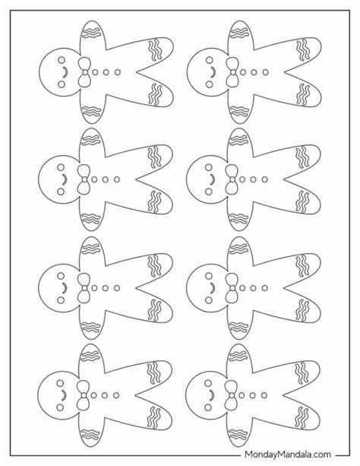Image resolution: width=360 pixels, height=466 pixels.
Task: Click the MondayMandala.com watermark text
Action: [x=288, y=455]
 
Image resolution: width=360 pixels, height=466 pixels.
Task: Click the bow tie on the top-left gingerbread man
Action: [x=85, y=72]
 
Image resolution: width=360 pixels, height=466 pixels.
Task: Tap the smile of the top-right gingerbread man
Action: [x=213, y=72]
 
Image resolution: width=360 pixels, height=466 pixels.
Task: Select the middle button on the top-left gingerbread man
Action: [x=106, y=72]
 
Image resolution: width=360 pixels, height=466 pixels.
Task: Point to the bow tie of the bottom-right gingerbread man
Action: [x=232, y=395]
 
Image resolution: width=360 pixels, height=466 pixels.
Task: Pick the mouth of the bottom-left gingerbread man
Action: [x=64, y=395]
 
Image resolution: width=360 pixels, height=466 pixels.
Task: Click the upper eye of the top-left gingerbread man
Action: [x=62, y=60]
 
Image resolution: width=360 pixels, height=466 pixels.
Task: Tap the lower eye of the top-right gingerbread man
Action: [x=210, y=84]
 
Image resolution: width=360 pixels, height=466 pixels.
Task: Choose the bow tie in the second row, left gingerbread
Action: [x=84, y=179]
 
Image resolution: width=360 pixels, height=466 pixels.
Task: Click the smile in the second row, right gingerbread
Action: [x=213, y=179]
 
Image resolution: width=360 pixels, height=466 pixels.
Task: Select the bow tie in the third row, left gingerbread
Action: [x=84, y=288]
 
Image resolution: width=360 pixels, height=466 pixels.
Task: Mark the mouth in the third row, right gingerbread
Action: [x=213, y=288]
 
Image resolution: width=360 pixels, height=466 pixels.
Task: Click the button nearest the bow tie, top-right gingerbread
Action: [x=243, y=72]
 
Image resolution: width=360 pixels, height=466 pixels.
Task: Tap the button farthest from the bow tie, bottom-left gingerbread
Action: [x=116, y=395]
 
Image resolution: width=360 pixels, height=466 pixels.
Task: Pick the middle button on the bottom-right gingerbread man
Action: [x=252, y=395]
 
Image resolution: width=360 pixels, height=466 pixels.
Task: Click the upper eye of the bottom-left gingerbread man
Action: [x=60, y=383]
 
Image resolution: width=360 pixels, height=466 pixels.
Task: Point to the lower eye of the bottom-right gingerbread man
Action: [x=208, y=407]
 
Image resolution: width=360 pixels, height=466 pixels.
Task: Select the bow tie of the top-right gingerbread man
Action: [x=233, y=72]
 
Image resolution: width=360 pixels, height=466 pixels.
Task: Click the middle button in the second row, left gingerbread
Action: [x=106, y=179]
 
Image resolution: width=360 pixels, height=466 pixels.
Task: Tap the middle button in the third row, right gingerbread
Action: [x=253, y=288]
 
